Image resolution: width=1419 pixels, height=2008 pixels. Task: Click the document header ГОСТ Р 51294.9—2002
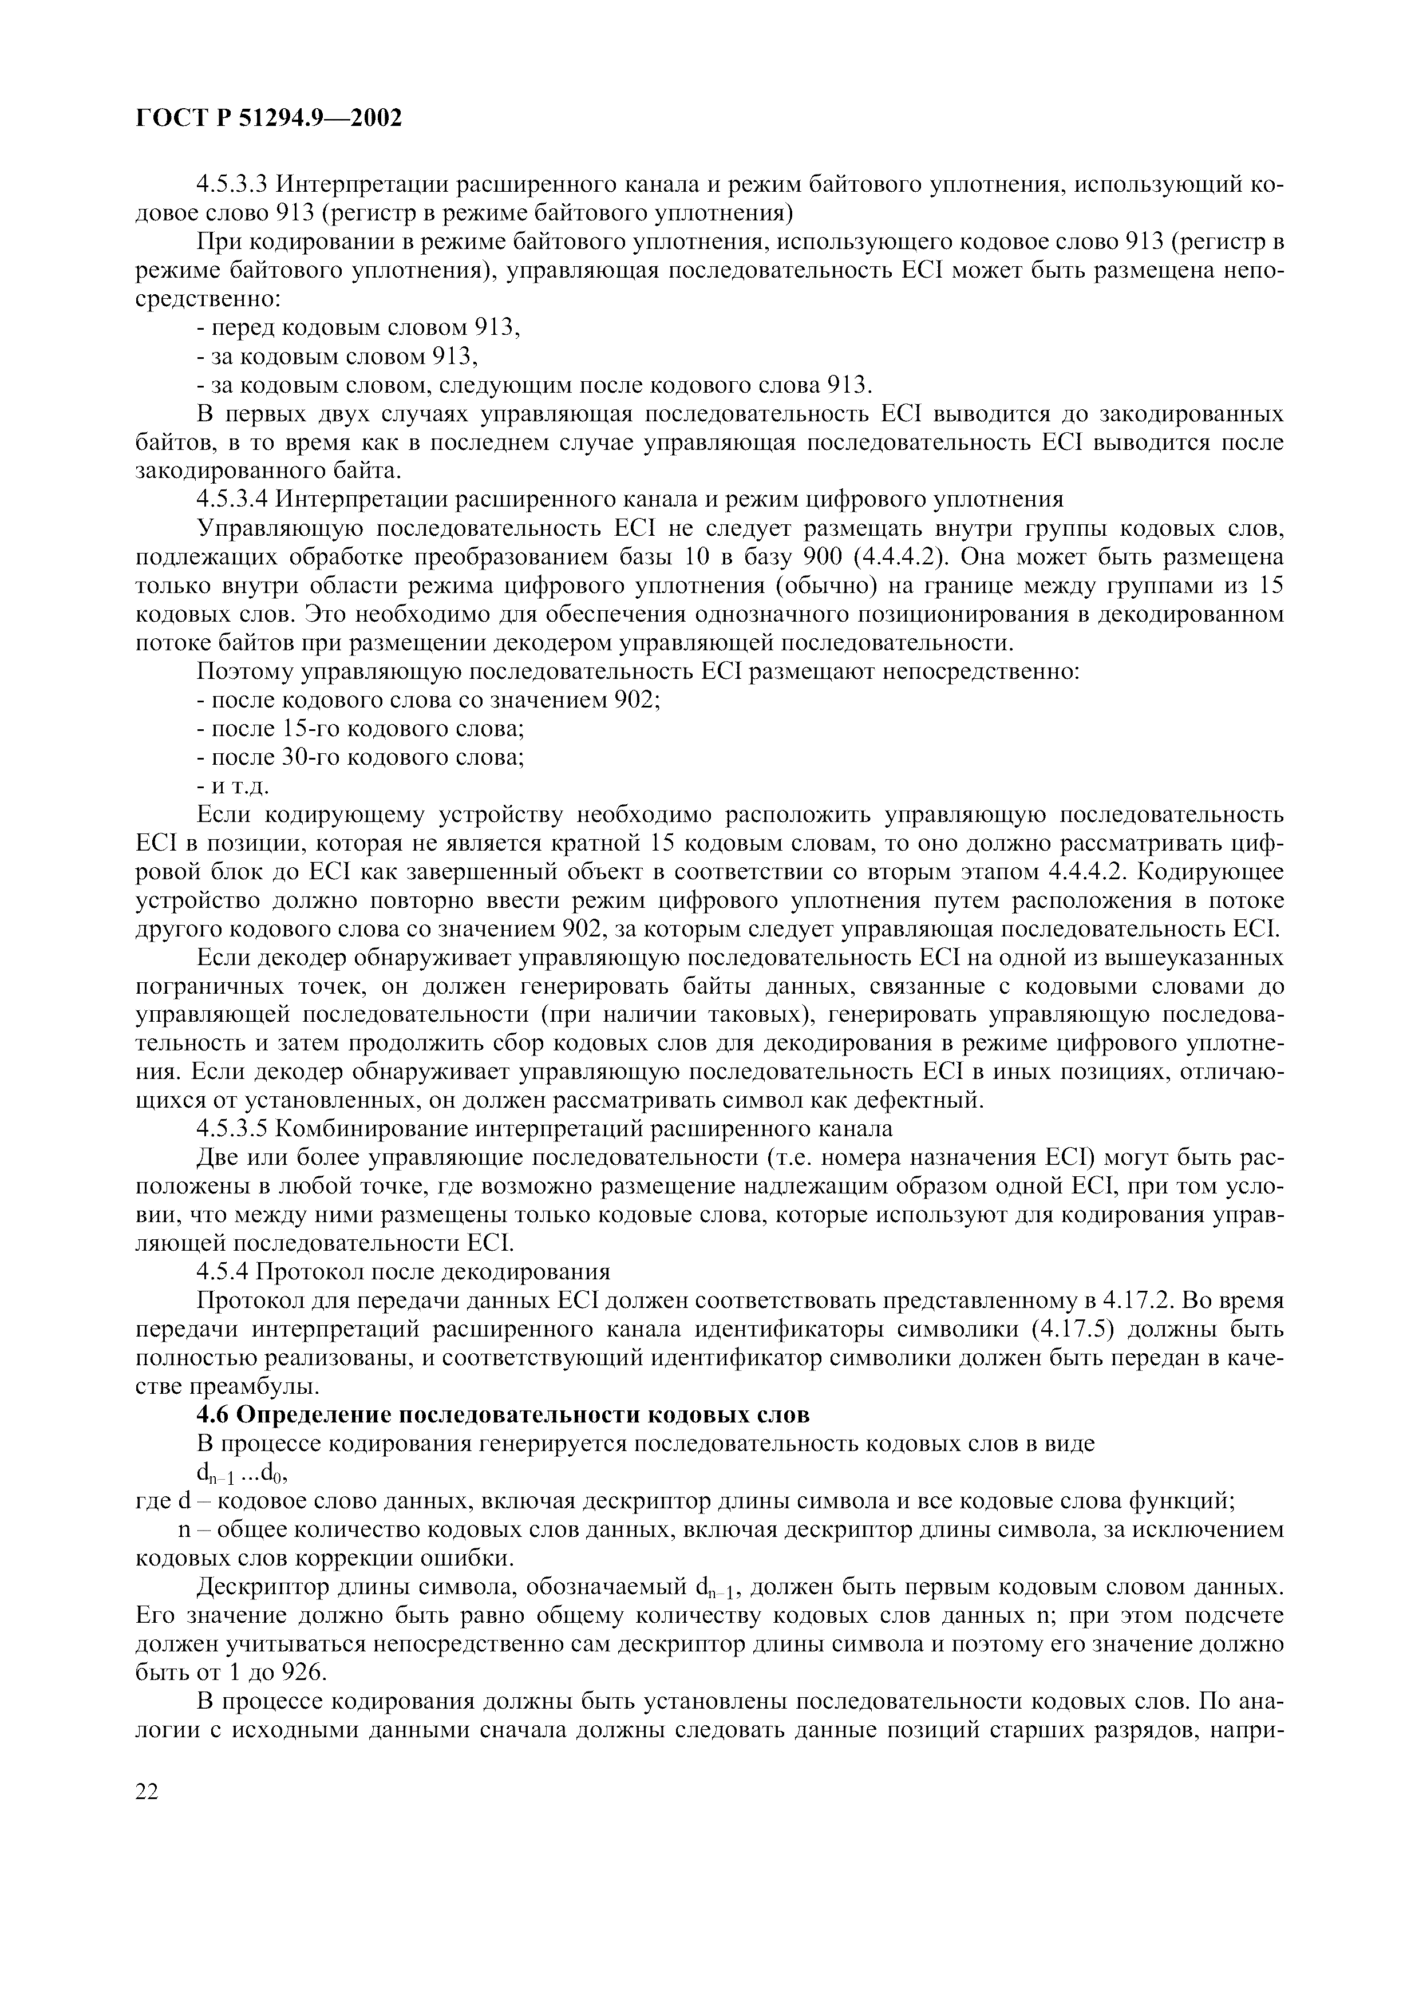click(269, 118)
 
